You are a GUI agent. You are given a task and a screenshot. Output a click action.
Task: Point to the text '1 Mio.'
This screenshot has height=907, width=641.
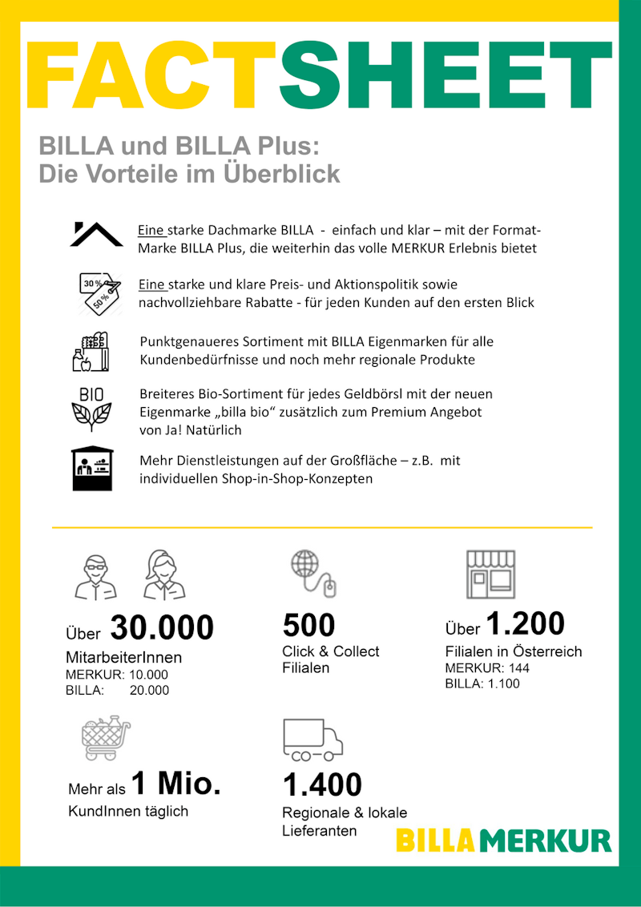pyautogui.click(x=175, y=783)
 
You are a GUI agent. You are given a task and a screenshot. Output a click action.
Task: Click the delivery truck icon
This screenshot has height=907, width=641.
pyautogui.click(x=312, y=739)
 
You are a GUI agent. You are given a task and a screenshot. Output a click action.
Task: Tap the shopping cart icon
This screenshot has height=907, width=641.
pyautogui.click(x=105, y=738)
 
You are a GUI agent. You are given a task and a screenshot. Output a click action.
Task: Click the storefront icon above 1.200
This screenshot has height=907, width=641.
pyautogui.click(x=490, y=574)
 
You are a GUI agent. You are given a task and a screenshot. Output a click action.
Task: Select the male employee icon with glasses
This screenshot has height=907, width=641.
pyautogui.click(x=95, y=576)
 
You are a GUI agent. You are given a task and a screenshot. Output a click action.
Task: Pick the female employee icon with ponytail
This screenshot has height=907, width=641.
pyautogui.click(x=164, y=574)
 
